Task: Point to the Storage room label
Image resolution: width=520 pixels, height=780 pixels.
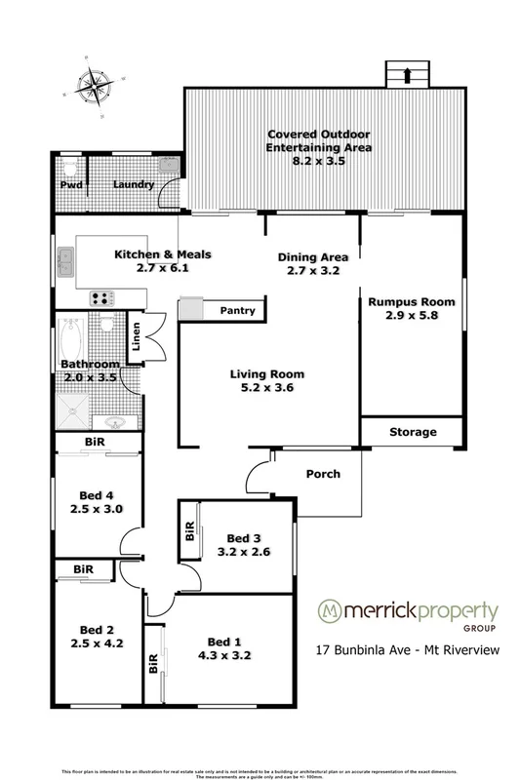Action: coord(411,432)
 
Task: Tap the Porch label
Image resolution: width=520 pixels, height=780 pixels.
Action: coord(323,475)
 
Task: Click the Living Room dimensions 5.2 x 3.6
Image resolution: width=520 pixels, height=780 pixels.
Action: coord(267,388)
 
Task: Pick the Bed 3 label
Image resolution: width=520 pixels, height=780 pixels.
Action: coord(242,537)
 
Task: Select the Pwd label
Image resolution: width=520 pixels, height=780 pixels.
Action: coord(70,184)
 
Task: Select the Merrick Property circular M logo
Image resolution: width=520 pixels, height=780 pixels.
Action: coord(333,612)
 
